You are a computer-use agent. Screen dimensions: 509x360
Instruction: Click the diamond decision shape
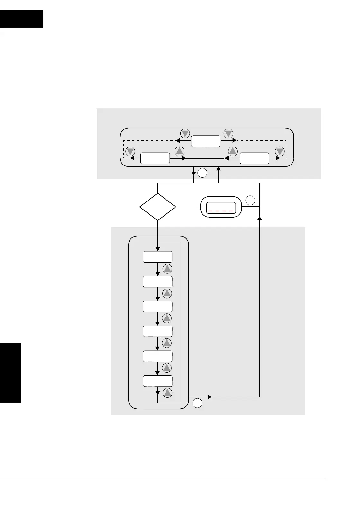(x=158, y=207)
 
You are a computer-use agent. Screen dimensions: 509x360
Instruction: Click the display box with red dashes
(x=221, y=207)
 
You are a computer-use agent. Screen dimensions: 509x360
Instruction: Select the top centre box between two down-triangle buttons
(x=206, y=141)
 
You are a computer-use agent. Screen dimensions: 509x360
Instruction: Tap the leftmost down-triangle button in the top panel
(x=130, y=151)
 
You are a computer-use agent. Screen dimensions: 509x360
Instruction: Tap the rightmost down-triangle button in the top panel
(x=280, y=151)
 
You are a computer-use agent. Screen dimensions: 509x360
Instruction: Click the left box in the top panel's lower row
(x=155, y=158)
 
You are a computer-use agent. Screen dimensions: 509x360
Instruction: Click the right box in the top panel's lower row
(x=255, y=158)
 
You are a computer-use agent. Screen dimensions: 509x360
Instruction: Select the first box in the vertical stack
(x=157, y=257)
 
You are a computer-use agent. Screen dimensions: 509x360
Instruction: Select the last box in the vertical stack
(x=157, y=381)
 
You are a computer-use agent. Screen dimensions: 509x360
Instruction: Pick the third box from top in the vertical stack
(x=157, y=307)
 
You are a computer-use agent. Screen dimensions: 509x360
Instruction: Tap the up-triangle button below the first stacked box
(x=167, y=269)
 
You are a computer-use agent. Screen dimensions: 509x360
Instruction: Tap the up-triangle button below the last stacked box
(x=167, y=393)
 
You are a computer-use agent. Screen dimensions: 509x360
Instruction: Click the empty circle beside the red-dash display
(x=250, y=201)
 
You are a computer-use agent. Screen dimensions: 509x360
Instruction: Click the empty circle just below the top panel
(x=202, y=173)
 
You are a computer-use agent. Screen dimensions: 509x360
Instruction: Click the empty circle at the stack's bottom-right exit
(x=197, y=403)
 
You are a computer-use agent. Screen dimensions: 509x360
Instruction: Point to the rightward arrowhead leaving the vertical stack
(x=210, y=397)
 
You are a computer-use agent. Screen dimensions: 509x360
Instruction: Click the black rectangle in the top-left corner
(x=22, y=19)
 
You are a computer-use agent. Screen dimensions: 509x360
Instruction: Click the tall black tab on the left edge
(x=10, y=372)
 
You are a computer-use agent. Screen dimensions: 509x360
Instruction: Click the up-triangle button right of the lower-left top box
(x=179, y=151)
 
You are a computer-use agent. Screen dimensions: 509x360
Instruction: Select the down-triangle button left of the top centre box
(x=185, y=133)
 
